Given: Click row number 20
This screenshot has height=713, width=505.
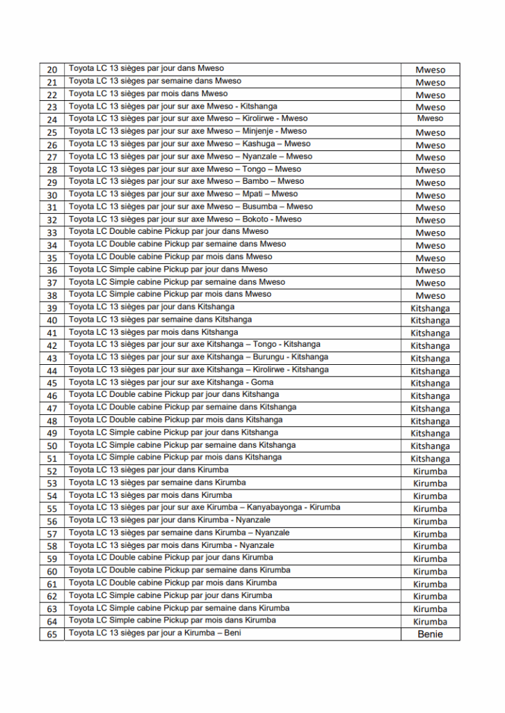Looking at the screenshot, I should (x=52, y=70).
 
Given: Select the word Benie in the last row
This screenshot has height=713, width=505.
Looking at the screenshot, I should (x=430, y=634).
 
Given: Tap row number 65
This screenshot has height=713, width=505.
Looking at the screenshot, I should (x=52, y=634).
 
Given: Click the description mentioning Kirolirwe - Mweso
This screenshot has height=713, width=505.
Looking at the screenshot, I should (x=188, y=118).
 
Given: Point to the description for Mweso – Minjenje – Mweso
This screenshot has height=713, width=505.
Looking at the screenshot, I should (x=187, y=131).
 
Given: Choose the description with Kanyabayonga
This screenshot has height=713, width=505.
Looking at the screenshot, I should (x=205, y=508).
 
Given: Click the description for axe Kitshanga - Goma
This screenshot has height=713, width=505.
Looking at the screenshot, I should (x=170, y=382).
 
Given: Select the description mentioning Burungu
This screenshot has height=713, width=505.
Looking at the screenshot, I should (x=198, y=357).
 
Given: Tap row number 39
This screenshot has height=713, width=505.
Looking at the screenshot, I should (x=52, y=308).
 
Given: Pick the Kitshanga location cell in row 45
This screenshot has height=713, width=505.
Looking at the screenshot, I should (x=430, y=383).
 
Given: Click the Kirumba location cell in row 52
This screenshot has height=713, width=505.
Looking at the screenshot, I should (x=430, y=471).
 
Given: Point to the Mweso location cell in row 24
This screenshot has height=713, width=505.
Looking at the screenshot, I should (x=430, y=118).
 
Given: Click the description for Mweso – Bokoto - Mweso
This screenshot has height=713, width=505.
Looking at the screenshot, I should (x=185, y=219).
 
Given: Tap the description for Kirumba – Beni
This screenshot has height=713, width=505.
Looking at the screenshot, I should (x=154, y=634).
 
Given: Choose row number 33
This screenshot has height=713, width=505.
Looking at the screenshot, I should (x=52, y=233).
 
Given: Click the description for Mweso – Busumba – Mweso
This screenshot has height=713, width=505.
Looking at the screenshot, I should (x=191, y=206).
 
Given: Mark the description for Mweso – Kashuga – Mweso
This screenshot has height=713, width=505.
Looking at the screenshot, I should (x=189, y=143).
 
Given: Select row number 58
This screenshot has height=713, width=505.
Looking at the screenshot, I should (x=52, y=547).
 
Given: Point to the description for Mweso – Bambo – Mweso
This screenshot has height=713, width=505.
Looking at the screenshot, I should (x=186, y=181).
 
